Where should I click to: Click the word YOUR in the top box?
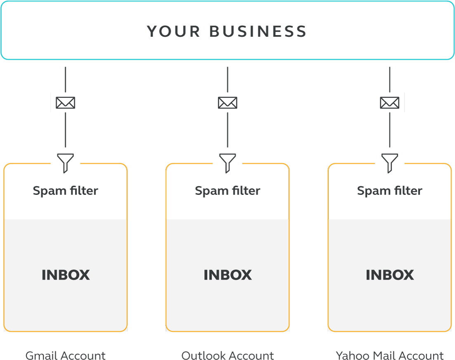click(173, 32)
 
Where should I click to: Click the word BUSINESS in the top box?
click(258, 32)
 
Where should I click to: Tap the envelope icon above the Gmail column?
click(66, 102)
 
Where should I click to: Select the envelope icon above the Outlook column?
click(228, 102)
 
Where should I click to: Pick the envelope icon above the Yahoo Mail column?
click(390, 102)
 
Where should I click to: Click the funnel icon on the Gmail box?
click(66, 162)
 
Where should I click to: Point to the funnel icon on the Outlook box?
click(228, 162)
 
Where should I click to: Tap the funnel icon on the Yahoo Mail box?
click(390, 162)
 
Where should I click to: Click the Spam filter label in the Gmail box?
click(66, 191)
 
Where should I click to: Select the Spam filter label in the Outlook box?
click(228, 191)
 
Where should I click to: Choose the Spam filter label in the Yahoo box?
click(390, 191)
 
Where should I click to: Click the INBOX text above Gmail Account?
click(66, 275)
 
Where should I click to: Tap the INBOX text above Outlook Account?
click(228, 275)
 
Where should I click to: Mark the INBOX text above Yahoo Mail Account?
click(390, 275)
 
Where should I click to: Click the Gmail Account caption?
click(66, 355)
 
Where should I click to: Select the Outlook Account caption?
click(228, 355)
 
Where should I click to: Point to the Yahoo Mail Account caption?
click(390, 355)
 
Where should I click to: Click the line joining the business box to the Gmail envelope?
click(66, 79)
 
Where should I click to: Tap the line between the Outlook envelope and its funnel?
click(228, 130)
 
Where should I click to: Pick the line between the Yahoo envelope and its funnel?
click(390, 130)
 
